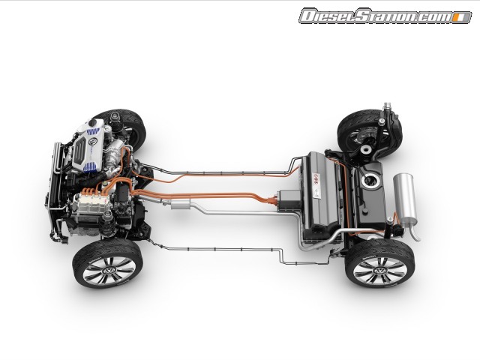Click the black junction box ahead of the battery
[x=288, y=198]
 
